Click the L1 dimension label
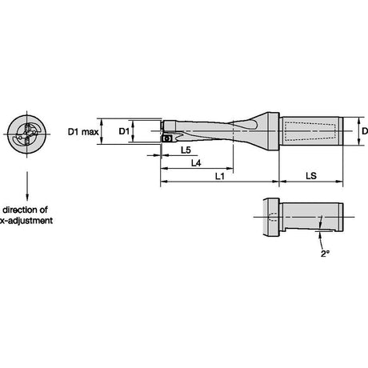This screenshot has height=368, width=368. (x=220, y=176)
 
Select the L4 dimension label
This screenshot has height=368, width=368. (x=196, y=163)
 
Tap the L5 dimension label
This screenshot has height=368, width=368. (x=186, y=150)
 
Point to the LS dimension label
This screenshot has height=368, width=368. (x=311, y=176)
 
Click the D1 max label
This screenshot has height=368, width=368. (x=83, y=131)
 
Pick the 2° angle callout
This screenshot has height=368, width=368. (x=325, y=254)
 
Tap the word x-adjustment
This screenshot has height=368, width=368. (x=26, y=221)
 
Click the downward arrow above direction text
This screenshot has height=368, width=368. (x=27, y=186)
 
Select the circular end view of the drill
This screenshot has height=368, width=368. (x=26, y=134)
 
